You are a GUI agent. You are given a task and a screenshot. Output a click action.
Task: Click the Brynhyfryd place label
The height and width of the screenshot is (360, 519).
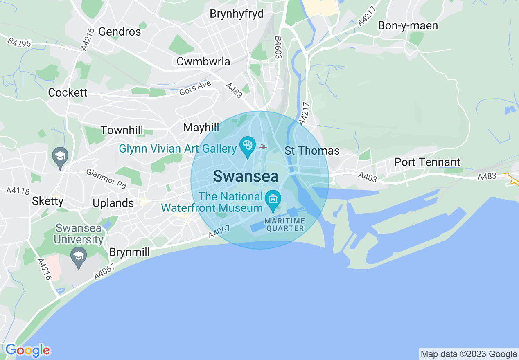point(237,14)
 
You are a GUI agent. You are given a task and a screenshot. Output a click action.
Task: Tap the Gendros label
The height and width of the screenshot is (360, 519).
point(120,32)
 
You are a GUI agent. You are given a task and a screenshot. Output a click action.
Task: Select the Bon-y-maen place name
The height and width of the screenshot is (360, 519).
point(408,26)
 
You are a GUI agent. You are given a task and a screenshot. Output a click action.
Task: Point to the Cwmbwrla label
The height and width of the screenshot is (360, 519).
point(203,62)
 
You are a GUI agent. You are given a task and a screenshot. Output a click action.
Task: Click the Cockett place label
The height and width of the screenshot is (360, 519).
point(68,92)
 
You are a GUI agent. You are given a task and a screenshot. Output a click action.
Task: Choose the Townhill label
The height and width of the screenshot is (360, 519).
point(122,130)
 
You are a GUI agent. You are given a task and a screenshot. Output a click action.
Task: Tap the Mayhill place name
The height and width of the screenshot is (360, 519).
point(201,127)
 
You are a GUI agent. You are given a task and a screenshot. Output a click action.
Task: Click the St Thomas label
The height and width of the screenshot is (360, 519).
point(312,151)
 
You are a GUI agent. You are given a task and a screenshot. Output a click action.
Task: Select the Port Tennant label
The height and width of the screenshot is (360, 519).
point(427,162)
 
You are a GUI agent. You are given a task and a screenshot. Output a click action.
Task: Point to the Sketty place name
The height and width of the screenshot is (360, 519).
point(48,201)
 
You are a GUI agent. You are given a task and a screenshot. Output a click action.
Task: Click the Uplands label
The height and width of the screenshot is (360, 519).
point(113,203)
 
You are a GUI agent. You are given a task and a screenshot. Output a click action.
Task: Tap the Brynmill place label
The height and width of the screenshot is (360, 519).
point(129,252)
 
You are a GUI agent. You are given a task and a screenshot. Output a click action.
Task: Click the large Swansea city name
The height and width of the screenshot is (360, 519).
point(246,176)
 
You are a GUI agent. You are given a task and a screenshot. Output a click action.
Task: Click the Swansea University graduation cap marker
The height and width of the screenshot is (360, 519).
point(77,256)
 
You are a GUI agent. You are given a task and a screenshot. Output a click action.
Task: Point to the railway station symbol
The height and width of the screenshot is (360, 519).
point(263,146)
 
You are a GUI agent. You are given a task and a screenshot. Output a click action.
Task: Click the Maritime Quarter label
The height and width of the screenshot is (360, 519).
point(285,225)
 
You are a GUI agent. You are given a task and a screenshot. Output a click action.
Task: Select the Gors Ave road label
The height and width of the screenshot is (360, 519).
point(195,88)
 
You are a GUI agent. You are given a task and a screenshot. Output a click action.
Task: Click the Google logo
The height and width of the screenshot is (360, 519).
point(28,350)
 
